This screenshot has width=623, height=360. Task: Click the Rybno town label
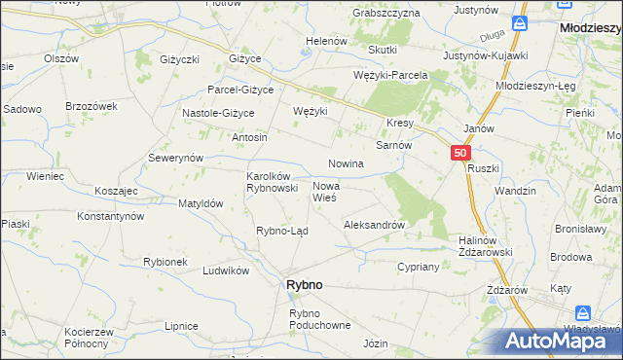pos(303,284)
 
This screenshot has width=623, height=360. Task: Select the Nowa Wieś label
pos(324,191)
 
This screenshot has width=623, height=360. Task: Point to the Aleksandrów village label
pos(374,225)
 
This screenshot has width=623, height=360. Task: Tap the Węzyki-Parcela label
pos(390,75)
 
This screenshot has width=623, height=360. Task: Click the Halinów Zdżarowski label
pos(485,246)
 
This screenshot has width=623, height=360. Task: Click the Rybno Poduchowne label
pos(318,319)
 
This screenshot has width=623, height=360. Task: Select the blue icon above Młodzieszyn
pos(520,21)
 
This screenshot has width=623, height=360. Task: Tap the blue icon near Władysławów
pos(583,312)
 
